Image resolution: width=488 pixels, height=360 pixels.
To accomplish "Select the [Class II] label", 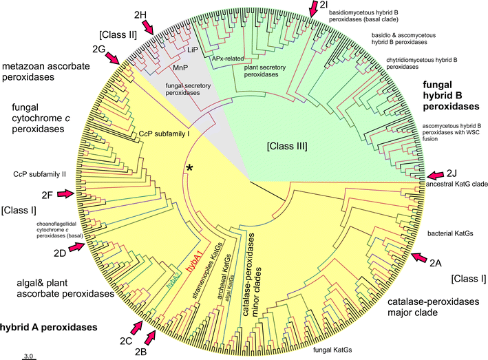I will pos(118,33).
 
